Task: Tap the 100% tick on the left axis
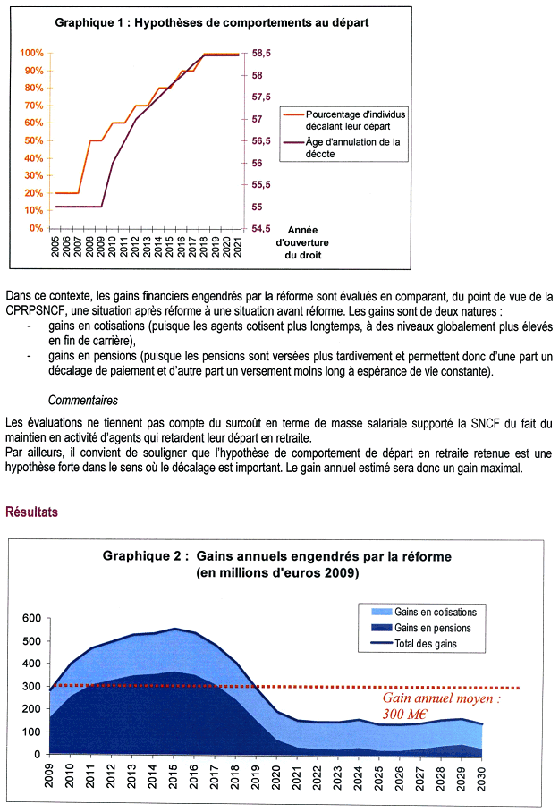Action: pos(31,54)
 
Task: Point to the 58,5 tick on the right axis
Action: pos(261,54)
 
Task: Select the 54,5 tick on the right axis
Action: pos(261,228)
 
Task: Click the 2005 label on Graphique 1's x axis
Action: pos(55,247)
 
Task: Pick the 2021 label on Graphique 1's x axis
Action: pos(237,247)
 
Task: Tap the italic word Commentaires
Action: pos(83,401)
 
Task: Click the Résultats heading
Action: pos(32,512)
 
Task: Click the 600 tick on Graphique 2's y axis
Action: pos(30,619)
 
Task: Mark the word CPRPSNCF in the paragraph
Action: pos(38,309)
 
